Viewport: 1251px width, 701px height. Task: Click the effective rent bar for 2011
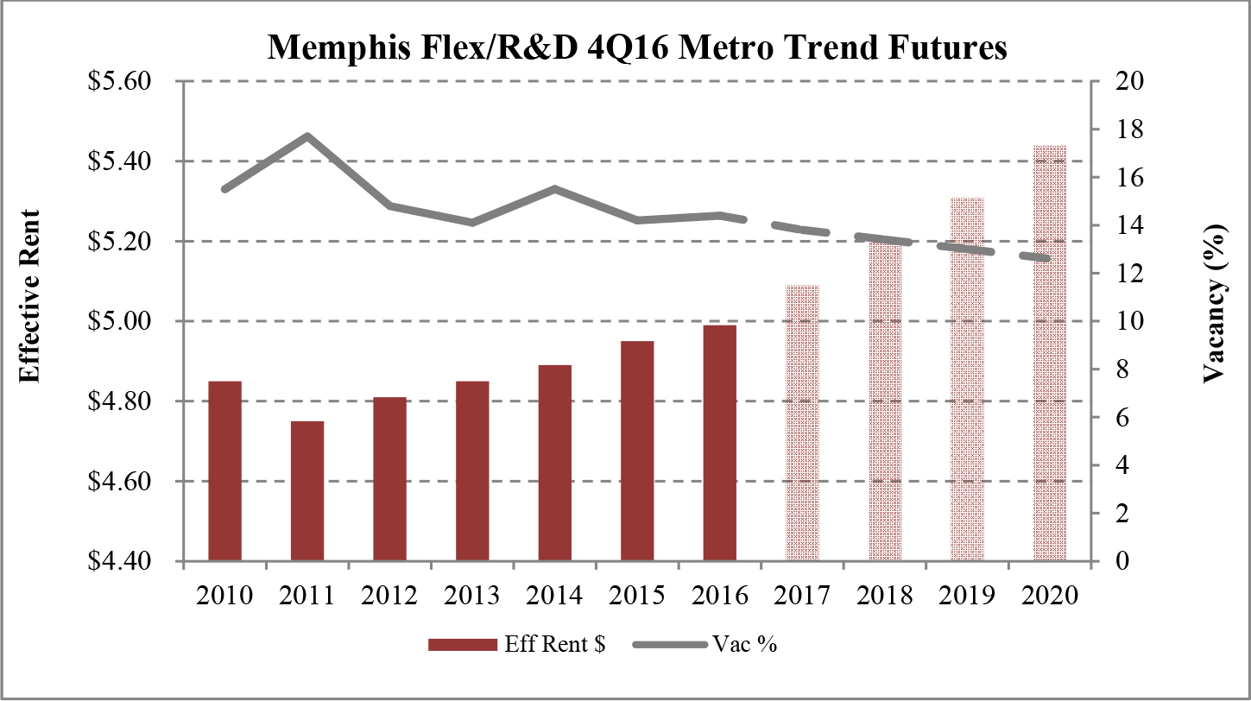(x=306, y=490)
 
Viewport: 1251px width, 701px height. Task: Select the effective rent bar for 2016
(x=719, y=442)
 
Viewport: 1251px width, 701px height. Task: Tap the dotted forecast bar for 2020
(x=1050, y=353)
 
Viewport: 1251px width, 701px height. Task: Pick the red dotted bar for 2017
(x=802, y=422)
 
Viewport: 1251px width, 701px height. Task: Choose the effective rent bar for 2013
(x=472, y=470)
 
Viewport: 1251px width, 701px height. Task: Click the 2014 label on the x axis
(x=554, y=597)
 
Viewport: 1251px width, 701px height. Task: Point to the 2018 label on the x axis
(x=884, y=597)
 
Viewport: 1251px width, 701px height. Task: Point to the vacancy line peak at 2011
(x=306, y=136)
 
